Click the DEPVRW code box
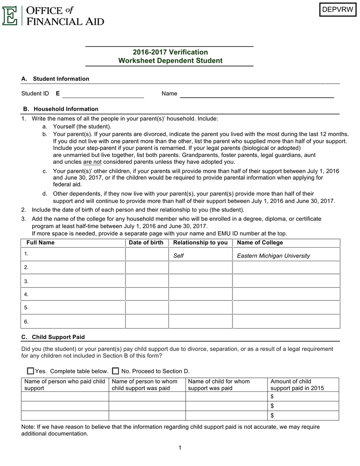pyautogui.click(x=337, y=10)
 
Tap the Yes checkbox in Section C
pyautogui.click(x=30, y=371)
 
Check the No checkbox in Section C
pyautogui.click(x=116, y=371)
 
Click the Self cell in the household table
pyautogui.click(x=178, y=256)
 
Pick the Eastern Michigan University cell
pyautogui.click(x=273, y=256)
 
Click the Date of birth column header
pyautogui.click(x=146, y=243)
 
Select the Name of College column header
pyautogui.click(x=260, y=243)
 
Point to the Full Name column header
pyautogui.click(x=40, y=243)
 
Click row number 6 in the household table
pyautogui.click(x=26, y=321)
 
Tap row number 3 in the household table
pyautogui.click(x=26, y=281)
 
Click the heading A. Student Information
pyautogui.click(x=56, y=79)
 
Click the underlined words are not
pyautogui.click(x=92, y=162)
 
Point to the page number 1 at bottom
pyautogui.click(x=180, y=448)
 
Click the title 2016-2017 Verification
pyautogui.click(x=170, y=52)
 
